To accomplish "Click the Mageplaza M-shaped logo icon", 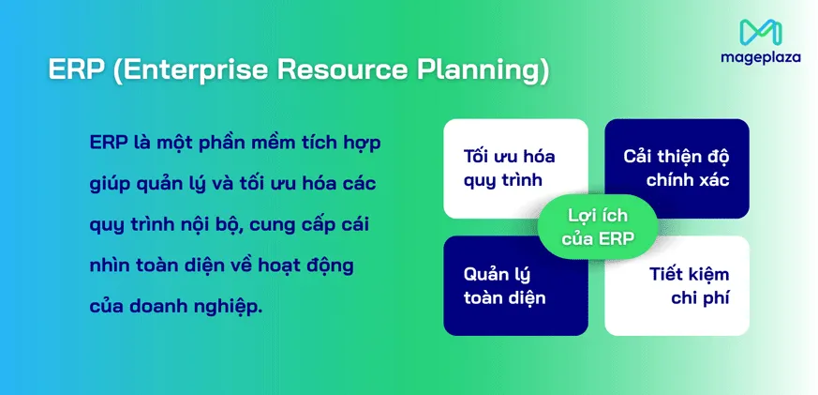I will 760,32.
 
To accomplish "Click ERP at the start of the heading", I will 69,70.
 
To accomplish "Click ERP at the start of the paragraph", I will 109,143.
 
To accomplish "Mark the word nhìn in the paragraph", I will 112,266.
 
